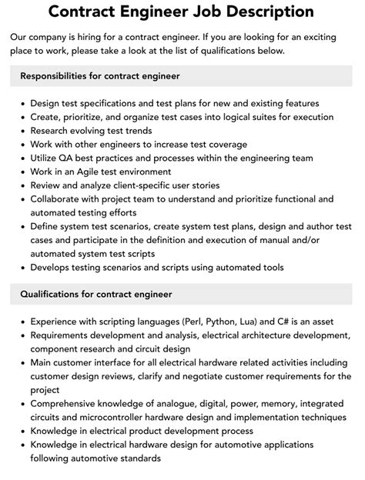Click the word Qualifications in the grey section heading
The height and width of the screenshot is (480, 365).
(x=54, y=294)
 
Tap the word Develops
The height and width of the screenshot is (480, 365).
(x=52, y=268)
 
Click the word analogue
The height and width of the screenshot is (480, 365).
(x=175, y=404)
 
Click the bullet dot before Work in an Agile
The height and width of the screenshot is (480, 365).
(x=24, y=172)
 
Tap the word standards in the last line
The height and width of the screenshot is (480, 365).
(x=137, y=459)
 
